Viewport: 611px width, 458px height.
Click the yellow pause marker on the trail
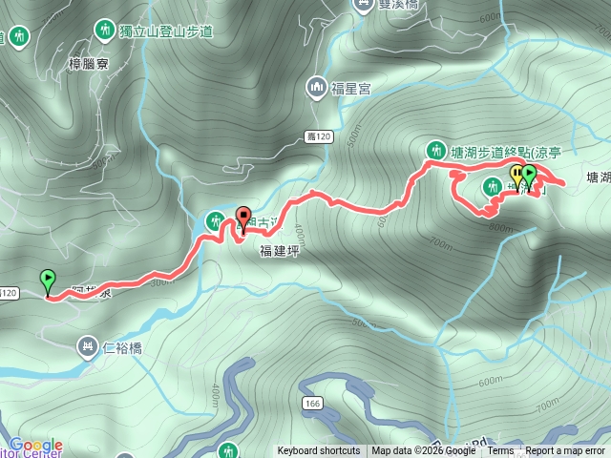[x=517, y=176]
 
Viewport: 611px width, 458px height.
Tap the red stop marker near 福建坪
[x=242, y=219]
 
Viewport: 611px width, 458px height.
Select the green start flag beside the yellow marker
[x=529, y=176]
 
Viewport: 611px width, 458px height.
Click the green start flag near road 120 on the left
[x=48, y=281]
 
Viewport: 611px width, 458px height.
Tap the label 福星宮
[x=351, y=89]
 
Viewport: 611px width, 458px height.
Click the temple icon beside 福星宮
[x=317, y=89]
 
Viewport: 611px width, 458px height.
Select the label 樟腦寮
[x=92, y=64]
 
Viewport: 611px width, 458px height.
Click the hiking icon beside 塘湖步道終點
[x=436, y=150]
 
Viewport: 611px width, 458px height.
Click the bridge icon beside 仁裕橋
[x=88, y=346]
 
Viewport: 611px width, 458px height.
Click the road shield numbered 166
[x=314, y=405]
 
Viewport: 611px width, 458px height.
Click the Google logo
[x=35, y=445]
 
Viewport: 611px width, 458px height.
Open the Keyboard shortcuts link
[x=319, y=451]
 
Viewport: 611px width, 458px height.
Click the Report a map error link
[x=565, y=451]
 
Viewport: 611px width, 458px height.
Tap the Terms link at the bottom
[x=500, y=451]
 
